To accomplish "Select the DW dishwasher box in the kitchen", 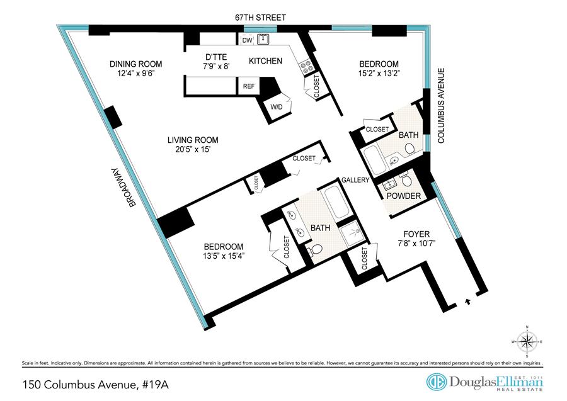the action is (x=247, y=41).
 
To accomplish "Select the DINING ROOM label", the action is (x=136, y=64).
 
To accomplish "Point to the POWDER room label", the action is (x=404, y=196).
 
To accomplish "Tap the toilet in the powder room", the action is (x=406, y=181).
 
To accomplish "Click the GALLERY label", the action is (x=355, y=180).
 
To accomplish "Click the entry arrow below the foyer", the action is (x=467, y=302).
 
